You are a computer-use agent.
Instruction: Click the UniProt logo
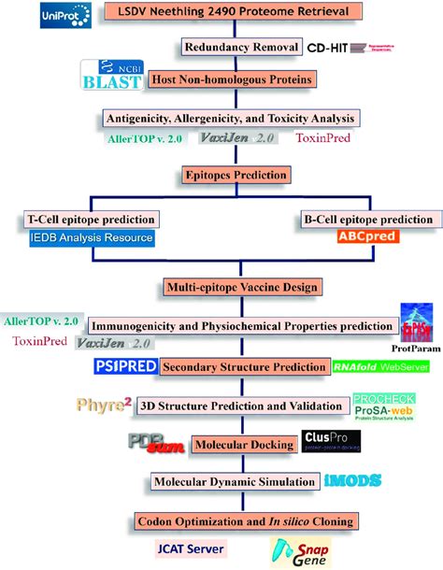(68, 16)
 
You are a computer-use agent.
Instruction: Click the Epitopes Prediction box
(221, 175)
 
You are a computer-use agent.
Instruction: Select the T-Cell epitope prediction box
(90, 219)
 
